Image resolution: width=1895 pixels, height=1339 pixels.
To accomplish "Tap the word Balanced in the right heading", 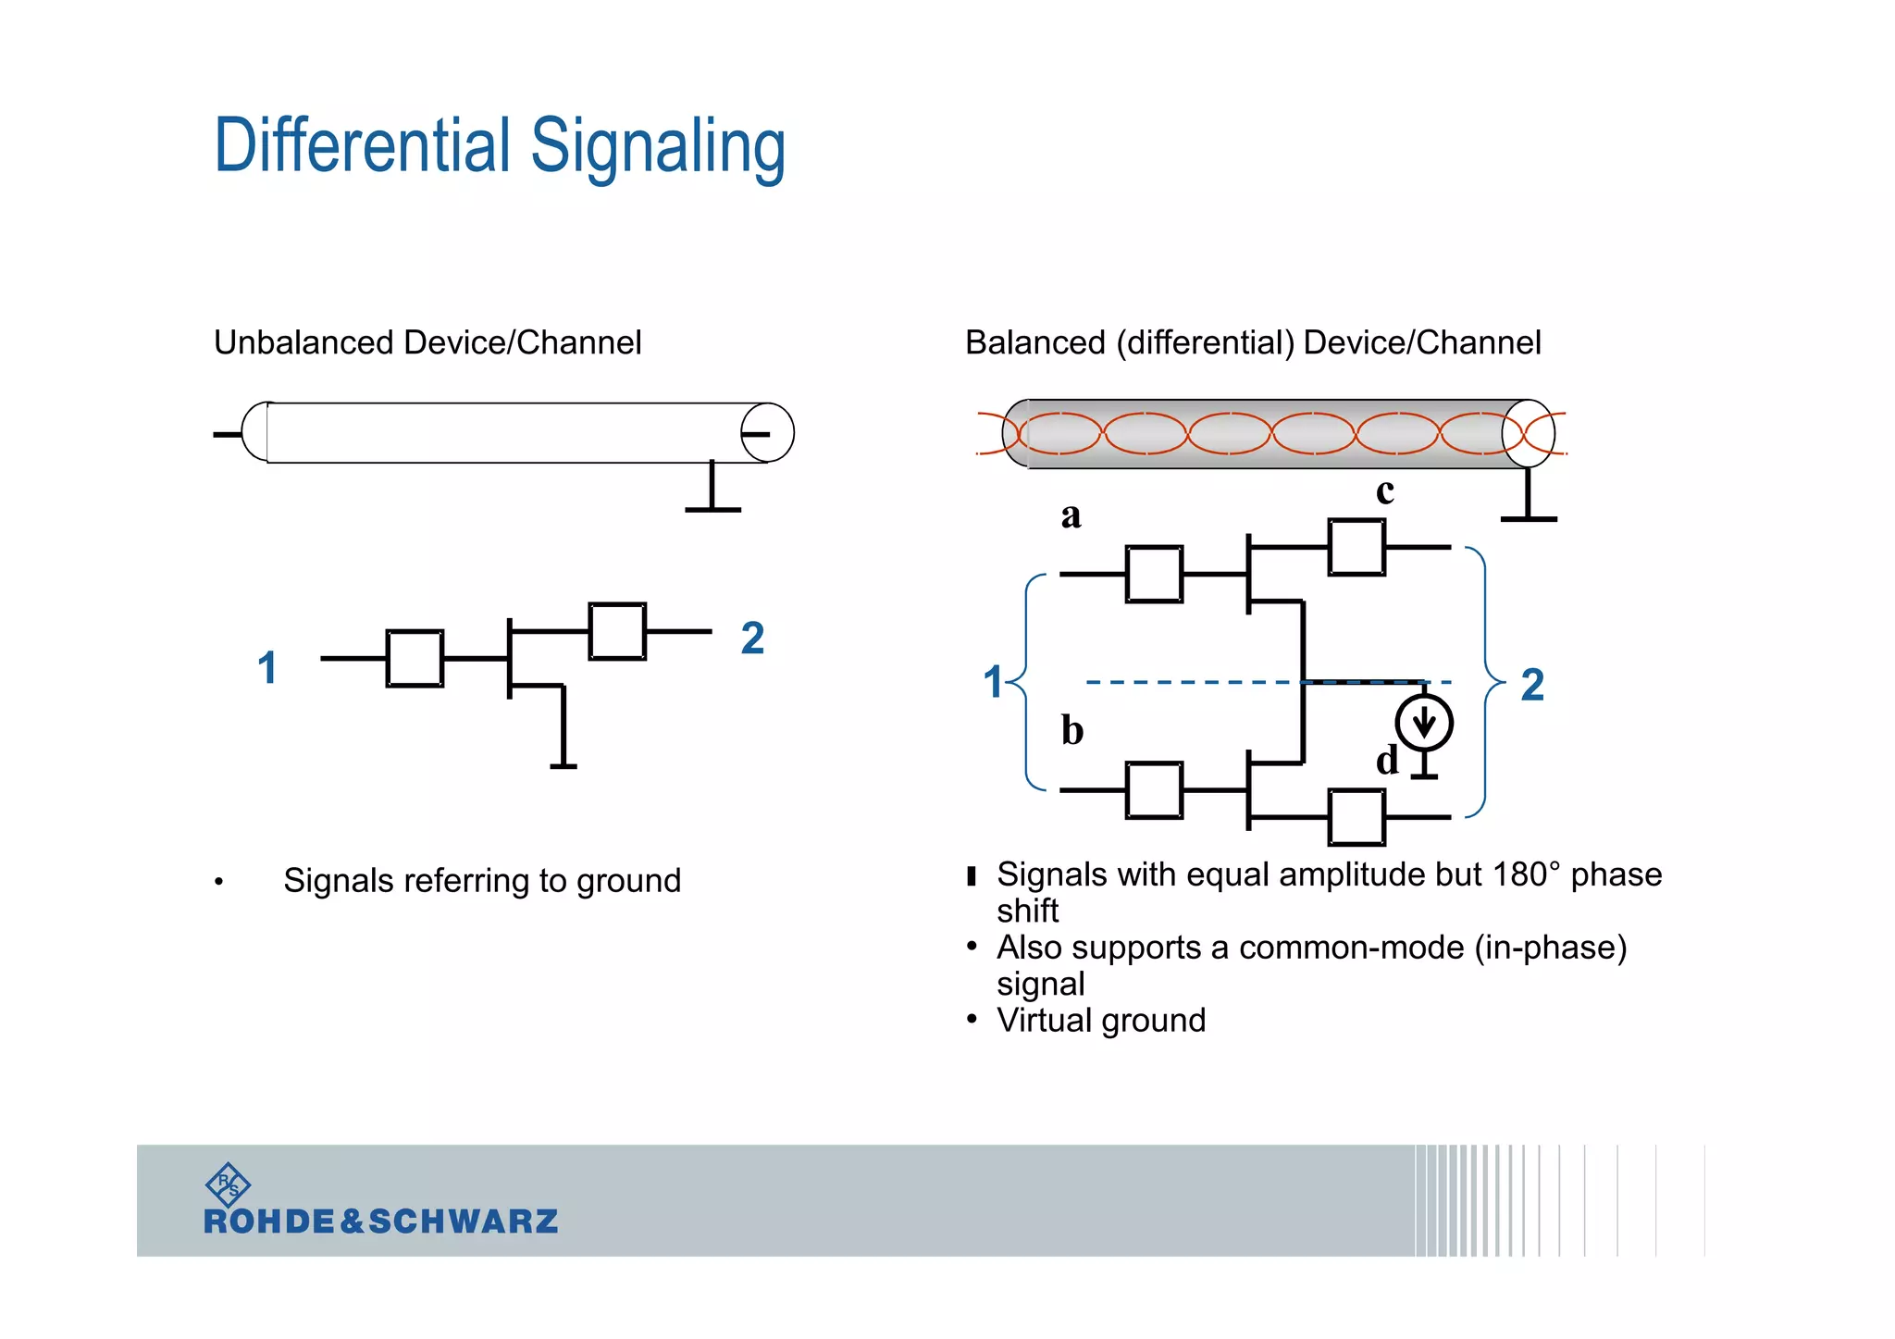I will click(1034, 342).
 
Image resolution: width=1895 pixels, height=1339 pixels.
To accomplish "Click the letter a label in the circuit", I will click(1071, 515).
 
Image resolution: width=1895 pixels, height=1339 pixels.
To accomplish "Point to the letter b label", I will click(1071, 730).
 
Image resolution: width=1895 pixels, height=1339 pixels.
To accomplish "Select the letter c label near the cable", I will click(1384, 490).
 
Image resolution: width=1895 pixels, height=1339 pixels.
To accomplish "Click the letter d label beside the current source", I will click(1386, 761).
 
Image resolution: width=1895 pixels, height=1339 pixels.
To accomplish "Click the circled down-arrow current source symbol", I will click(1424, 723).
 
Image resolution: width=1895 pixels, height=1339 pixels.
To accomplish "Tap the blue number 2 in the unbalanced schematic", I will click(752, 639).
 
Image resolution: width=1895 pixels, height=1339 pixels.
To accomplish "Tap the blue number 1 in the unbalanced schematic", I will click(267, 668).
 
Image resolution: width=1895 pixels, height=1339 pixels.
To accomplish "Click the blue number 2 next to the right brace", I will click(1532, 686).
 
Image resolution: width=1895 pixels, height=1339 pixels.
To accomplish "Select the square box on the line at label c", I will click(1356, 548).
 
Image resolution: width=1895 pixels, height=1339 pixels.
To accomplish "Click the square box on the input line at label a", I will click(1154, 575).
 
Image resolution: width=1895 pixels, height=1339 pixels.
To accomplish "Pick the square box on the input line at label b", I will click(1154, 790).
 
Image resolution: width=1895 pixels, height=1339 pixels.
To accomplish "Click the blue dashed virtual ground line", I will click(1194, 682).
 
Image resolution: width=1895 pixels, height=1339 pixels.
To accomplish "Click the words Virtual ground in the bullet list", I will click(1101, 1020).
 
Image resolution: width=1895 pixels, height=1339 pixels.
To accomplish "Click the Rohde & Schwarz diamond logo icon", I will click(228, 1184).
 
